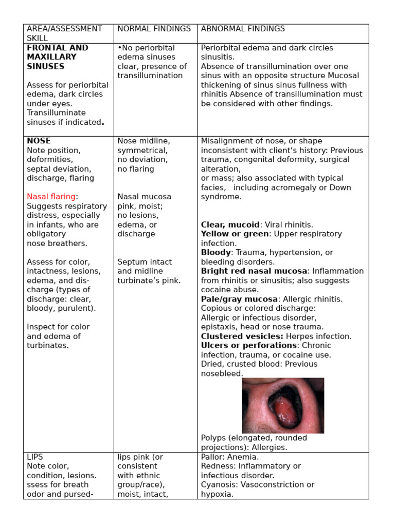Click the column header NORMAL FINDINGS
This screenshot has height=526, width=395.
pyautogui.click(x=154, y=29)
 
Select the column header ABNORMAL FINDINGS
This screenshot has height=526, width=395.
pyautogui.click(x=243, y=29)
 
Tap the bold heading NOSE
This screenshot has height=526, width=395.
pyautogui.click(x=39, y=141)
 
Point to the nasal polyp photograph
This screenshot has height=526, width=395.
pyautogui.click(x=283, y=405)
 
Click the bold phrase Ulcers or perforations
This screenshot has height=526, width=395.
pyautogui.click(x=249, y=346)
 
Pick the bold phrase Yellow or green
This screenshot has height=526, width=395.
pyautogui.click(x=235, y=234)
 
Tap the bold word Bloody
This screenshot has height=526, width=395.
pyautogui.click(x=216, y=253)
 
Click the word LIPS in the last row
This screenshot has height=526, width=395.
pyautogui.click(x=35, y=457)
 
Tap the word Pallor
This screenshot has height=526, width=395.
pyautogui.click(x=212, y=457)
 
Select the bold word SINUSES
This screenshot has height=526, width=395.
pyautogui.click(x=46, y=66)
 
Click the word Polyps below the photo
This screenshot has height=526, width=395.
pyautogui.click(x=212, y=438)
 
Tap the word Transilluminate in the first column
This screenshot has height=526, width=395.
pyautogui.click(x=56, y=113)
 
